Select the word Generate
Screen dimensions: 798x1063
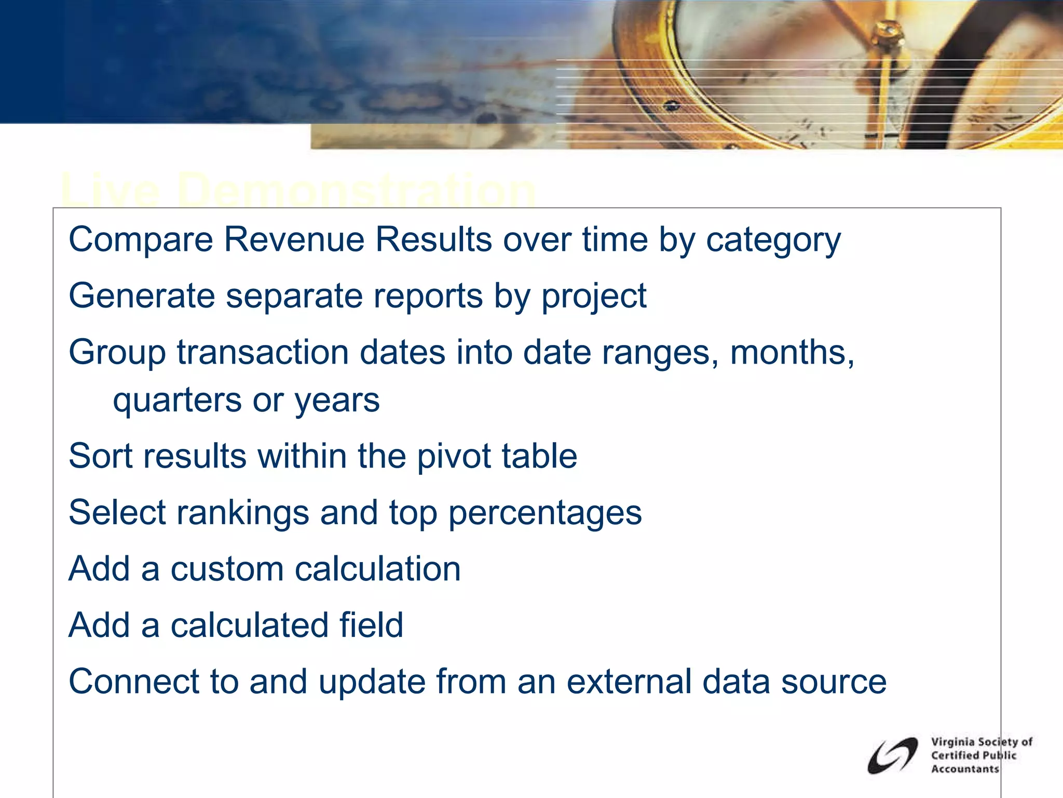(x=142, y=296)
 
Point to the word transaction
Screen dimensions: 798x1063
(x=263, y=352)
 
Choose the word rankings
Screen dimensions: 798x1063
(x=243, y=513)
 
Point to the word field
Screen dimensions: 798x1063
(x=371, y=625)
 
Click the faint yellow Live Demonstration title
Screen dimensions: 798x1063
(x=298, y=190)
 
